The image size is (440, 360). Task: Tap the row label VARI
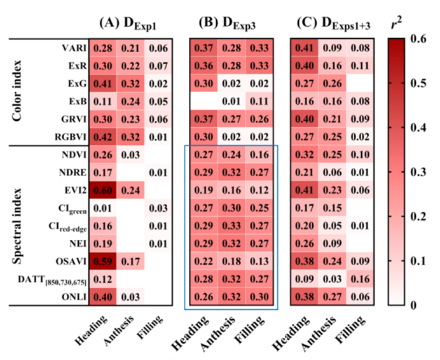[71, 47]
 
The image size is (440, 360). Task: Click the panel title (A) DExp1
[127, 23]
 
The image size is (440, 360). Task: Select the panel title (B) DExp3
[228, 23]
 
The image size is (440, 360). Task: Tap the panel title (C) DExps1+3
[331, 23]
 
